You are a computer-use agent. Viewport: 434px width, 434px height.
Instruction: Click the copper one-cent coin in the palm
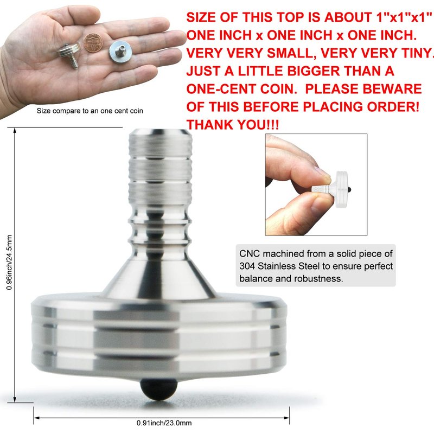[x=93, y=43]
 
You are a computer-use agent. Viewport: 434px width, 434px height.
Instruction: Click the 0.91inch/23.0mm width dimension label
[x=164, y=423]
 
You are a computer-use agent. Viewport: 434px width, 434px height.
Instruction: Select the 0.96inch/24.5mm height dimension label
[x=9, y=263]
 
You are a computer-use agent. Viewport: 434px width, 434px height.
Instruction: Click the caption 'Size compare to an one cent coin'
[x=90, y=111]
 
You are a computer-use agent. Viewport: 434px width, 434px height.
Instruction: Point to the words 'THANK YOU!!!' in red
[x=233, y=124]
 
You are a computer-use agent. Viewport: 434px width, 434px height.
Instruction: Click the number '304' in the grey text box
[x=247, y=266]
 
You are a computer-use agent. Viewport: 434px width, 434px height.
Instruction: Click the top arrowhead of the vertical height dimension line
[x=15, y=130]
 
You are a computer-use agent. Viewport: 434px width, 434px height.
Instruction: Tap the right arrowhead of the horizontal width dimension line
[x=287, y=418]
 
